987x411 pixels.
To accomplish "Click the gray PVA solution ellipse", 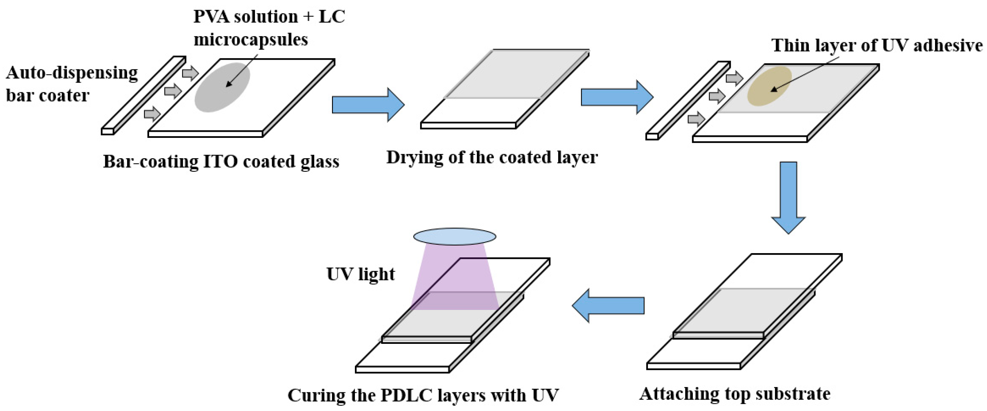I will point(222,87).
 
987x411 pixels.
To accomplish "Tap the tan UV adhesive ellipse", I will point(769,86).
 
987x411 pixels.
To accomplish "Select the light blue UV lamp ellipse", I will point(454,236).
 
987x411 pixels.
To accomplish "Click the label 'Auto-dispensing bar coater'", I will point(72,84).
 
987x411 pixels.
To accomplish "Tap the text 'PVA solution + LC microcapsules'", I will point(269,28).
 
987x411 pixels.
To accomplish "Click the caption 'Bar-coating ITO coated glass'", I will point(221,161).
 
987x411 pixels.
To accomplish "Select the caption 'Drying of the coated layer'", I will point(492,157).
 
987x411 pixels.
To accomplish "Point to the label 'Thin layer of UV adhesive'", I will point(877,45).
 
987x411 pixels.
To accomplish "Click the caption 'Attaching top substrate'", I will point(734,394).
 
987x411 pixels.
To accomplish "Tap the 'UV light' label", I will point(360,274).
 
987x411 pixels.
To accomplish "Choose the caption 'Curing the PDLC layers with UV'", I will point(423,395).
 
